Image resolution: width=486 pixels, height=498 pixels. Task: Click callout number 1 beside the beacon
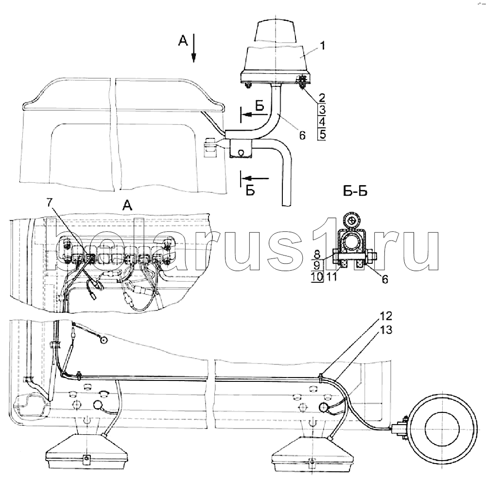point(322,47)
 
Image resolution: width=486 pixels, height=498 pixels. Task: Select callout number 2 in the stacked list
point(321,98)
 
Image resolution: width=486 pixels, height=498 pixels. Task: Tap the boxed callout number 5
point(321,134)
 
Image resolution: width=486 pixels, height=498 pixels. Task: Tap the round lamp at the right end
point(440,427)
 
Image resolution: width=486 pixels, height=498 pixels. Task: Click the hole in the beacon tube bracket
point(241,152)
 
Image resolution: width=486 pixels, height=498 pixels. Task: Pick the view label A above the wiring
point(127,206)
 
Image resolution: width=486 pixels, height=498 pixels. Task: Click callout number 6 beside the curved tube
point(302,137)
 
